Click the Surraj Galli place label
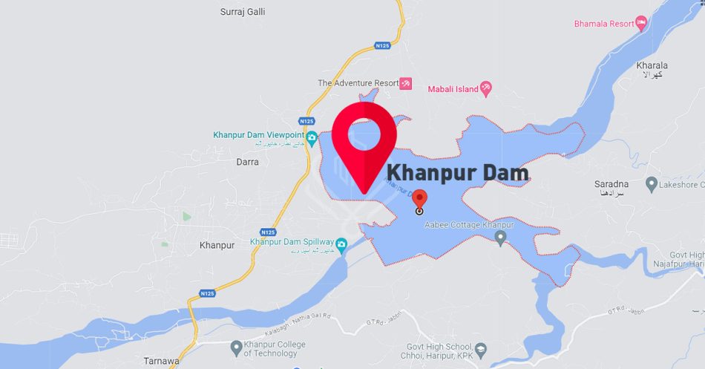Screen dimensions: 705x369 coord(243,12)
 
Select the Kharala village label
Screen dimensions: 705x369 coord(652,65)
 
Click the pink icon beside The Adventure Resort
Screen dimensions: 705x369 coord(405,83)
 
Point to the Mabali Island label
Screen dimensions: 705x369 coord(452,89)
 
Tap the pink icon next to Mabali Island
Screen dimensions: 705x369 coord(486,89)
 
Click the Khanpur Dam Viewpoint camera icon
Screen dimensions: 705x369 coord(312,137)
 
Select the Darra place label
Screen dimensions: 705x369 coord(247,161)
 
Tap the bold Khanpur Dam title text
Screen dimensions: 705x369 coord(458,174)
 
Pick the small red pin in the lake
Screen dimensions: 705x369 coord(419,200)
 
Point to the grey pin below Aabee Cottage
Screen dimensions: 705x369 coord(500,238)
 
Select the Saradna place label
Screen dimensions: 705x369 coord(611,183)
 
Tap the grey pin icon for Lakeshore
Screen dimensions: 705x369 coord(652,183)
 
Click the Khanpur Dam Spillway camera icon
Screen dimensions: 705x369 coord(341,244)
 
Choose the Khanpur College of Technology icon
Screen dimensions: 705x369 coord(236,347)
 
